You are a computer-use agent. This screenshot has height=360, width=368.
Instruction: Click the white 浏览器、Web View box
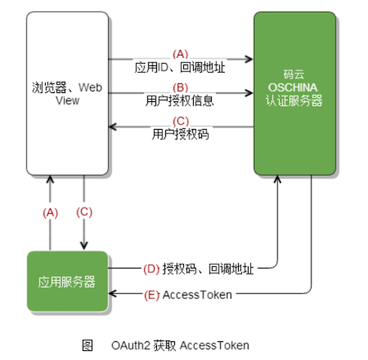[x=67, y=94]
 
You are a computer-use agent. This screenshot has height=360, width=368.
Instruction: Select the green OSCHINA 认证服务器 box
[x=294, y=94]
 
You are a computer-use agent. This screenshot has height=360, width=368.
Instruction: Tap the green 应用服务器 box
[x=67, y=282]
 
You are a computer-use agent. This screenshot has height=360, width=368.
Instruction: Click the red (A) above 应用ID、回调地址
[x=180, y=54]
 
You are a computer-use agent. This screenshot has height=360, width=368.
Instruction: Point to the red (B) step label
[x=180, y=86]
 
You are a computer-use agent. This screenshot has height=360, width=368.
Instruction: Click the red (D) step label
[x=150, y=268]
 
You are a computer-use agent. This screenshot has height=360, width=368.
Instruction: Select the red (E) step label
[x=150, y=295]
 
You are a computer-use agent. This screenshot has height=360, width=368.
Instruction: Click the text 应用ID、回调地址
[x=180, y=67]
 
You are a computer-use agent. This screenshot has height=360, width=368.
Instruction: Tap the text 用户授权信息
[x=180, y=99]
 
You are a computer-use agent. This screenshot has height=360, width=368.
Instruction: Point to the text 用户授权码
[x=180, y=134]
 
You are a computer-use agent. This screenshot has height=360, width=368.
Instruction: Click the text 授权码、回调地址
[x=208, y=268]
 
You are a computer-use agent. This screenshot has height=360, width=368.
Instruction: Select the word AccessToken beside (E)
[x=198, y=295]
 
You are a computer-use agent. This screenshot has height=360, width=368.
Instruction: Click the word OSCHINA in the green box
[x=294, y=88]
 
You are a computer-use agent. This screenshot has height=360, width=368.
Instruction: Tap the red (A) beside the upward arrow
[x=50, y=212]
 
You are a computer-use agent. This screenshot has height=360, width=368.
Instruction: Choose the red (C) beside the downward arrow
[x=84, y=212]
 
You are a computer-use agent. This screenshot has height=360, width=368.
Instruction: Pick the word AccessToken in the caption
[x=214, y=345]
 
